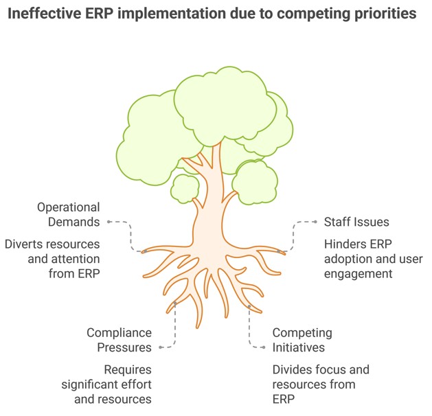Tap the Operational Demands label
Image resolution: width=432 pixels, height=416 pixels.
coord(69,214)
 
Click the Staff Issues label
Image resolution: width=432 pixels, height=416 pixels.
coord(356,222)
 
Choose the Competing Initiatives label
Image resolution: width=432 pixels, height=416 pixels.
coord(302,340)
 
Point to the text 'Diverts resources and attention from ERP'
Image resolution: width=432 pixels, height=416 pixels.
coord(53,259)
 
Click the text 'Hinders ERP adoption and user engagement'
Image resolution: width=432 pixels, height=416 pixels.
coord(372,259)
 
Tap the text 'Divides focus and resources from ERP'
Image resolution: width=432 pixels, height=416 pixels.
coord(320,384)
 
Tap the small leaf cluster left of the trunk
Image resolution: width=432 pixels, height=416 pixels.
coord(184,189)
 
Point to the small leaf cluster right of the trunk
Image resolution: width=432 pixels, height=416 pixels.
coord(253,182)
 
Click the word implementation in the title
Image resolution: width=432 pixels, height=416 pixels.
coord(181,14)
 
